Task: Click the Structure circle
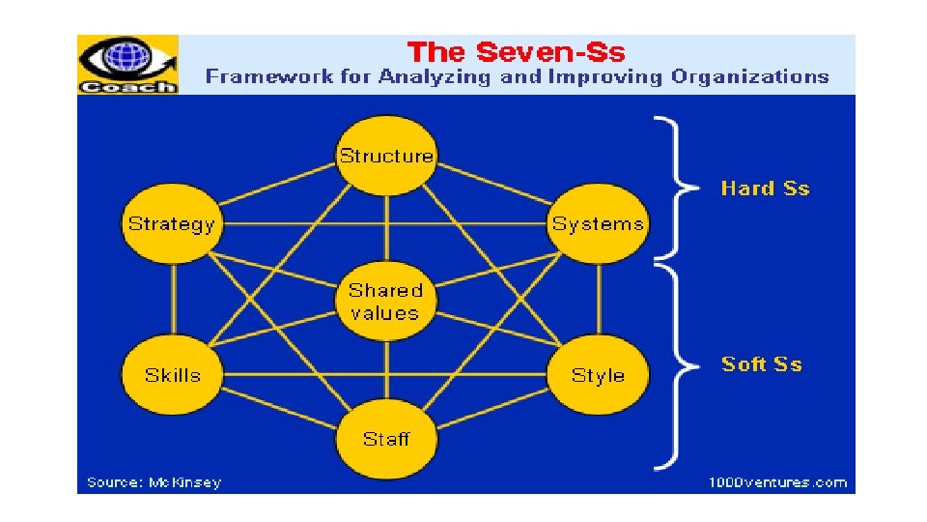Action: click(386, 156)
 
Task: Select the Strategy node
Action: click(172, 224)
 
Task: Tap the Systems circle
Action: click(598, 224)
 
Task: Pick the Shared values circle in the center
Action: click(385, 301)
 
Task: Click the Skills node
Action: click(172, 375)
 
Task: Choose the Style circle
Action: click(598, 375)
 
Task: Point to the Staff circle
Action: click(386, 439)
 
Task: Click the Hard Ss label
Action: click(765, 188)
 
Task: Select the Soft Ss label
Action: click(762, 364)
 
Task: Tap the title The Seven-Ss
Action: click(516, 52)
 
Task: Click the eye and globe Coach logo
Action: click(127, 65)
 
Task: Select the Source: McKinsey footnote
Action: click(154, 482)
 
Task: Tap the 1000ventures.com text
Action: click(777, 482)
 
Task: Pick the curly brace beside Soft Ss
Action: click(676, 365)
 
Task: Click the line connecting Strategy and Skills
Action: click(174, 300)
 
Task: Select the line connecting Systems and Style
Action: click(599, 300)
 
